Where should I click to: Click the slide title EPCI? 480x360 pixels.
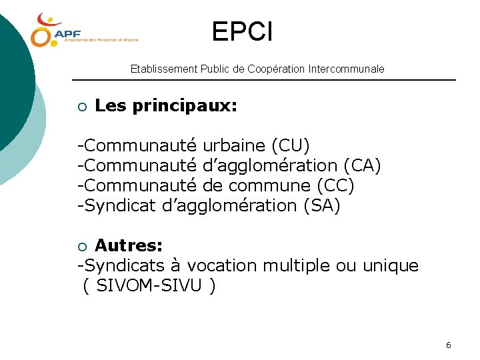242,31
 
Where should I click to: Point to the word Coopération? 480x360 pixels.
277,69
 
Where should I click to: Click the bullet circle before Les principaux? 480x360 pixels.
81,107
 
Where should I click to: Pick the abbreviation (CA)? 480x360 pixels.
362,165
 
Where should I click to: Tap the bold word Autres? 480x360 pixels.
129,245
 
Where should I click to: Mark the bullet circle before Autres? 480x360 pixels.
81,247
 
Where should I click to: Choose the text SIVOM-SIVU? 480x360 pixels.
150,286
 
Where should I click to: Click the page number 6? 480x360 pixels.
448,345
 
